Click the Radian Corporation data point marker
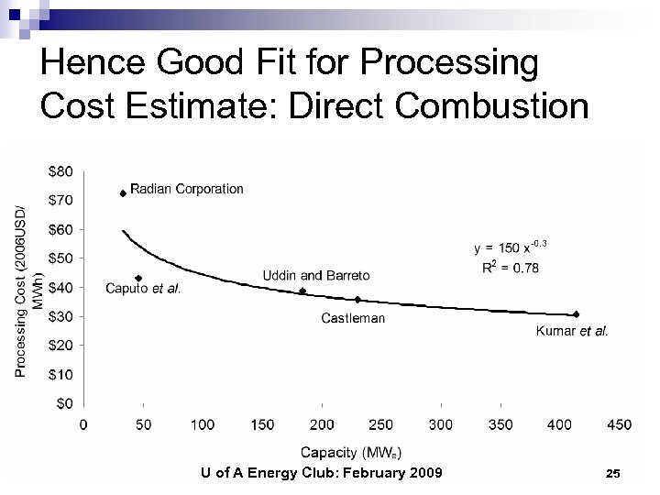[123, 193]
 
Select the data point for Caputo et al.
[138, 278]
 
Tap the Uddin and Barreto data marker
[302, 291]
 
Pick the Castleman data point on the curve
[357, 300]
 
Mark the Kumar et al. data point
[576, 314]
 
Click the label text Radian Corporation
[187, 189]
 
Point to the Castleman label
[353, 318]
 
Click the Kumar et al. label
[572, 332]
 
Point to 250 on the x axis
[380, 424]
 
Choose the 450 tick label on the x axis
[619, 424]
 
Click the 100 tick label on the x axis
[203, 424]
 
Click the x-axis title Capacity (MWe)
[350, 452]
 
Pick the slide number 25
[613, 473]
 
